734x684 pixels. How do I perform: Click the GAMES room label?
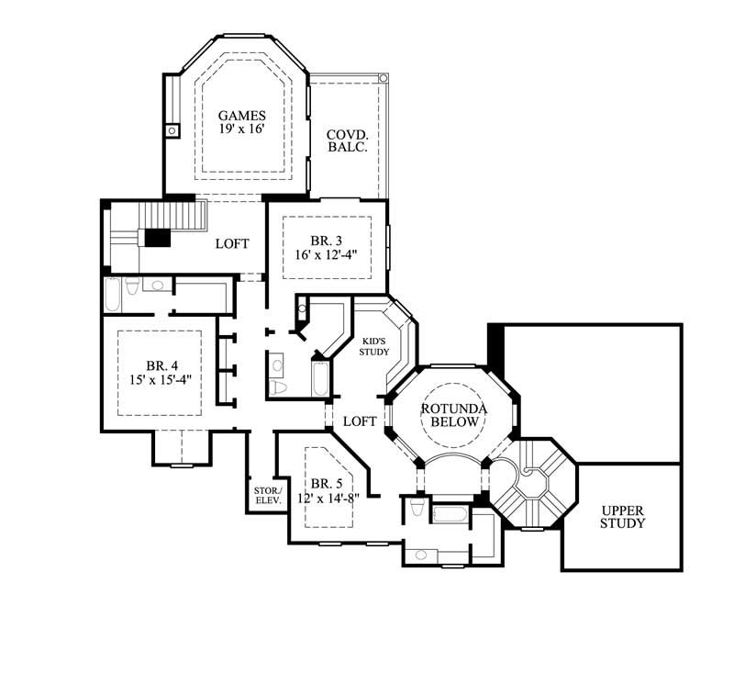pyautogui.click(x=242, y=116)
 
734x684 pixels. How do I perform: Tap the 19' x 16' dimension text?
pyautogui.click(x=242, y=129)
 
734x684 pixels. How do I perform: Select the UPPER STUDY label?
pyautogui.click(x=623, y=517)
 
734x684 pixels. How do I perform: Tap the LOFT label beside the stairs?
pyautogui.click(x=232, y=243)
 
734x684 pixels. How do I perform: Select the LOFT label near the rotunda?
pyautogui.click(x=359, y=420)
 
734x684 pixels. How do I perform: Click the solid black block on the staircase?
pyautogui.click(x=158, y=238)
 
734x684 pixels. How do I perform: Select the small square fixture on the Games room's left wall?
pyautogui.click(x=172, y=131)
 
